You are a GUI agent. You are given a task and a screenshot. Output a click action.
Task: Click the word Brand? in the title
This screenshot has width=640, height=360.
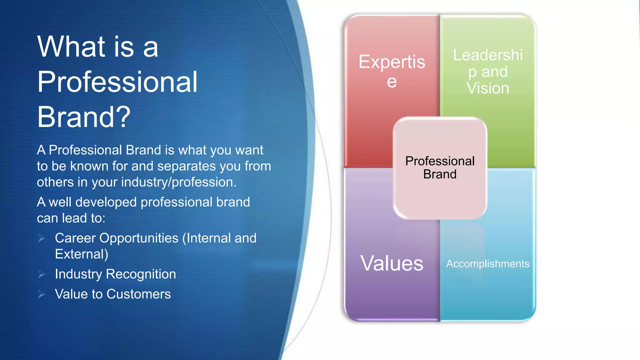(84, 117)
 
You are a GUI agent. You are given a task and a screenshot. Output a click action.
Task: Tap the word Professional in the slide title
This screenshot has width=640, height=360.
(117, 82)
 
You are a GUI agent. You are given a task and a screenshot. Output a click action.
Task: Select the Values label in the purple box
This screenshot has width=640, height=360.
(392, 263)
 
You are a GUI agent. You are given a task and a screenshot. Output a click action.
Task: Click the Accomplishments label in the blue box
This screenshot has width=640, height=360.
(487, 264)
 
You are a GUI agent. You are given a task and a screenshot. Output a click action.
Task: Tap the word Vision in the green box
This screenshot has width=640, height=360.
(488, 88)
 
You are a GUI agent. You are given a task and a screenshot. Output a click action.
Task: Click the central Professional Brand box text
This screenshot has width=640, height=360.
(440, 167)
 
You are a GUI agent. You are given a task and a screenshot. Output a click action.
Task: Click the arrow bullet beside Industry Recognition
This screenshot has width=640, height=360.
(42, 274)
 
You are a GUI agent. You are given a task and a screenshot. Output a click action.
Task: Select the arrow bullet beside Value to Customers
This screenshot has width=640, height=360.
(42, 294)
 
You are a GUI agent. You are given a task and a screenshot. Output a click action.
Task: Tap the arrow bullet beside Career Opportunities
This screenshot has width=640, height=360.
(42, 239)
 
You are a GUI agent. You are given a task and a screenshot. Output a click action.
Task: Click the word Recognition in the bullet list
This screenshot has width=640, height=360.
(141, 274)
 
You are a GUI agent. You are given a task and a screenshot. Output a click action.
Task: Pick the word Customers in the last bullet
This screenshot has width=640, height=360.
(139, 294)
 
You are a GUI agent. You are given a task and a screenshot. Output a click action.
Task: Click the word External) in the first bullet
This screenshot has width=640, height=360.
(82, 254)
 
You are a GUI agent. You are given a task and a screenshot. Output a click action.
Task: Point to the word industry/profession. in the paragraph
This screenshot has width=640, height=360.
(179, 182)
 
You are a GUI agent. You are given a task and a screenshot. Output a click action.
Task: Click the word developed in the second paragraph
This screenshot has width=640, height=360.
(106, 202)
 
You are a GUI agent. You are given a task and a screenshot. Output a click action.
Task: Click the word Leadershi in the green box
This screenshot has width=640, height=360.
(488, 55)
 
